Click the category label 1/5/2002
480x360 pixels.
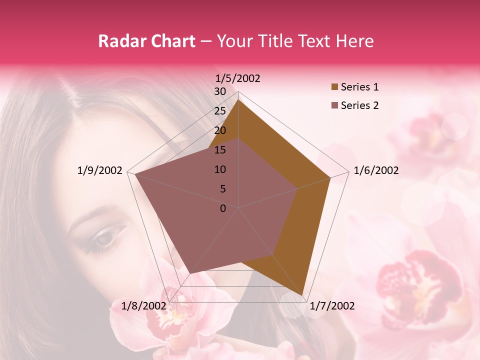coord(237,78)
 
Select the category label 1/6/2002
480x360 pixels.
coord(376,170)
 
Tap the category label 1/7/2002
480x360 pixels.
coord(332,305)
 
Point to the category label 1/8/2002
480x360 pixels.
coord(144,305)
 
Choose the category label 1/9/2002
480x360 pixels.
coord(100,170)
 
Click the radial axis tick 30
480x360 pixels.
coord(220,91)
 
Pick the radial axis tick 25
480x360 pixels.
coord(220,111)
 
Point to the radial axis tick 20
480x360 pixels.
coord(220,130)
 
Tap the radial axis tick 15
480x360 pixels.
coord(220,150)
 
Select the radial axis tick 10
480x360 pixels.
coord(220,169)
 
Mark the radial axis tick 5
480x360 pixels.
coord(222,189)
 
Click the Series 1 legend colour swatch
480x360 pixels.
coord(334,87)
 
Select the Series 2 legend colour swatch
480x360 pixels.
coord(334,105)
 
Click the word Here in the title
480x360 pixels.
coord(354,41)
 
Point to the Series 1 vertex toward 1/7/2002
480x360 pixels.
coord(302,295)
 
